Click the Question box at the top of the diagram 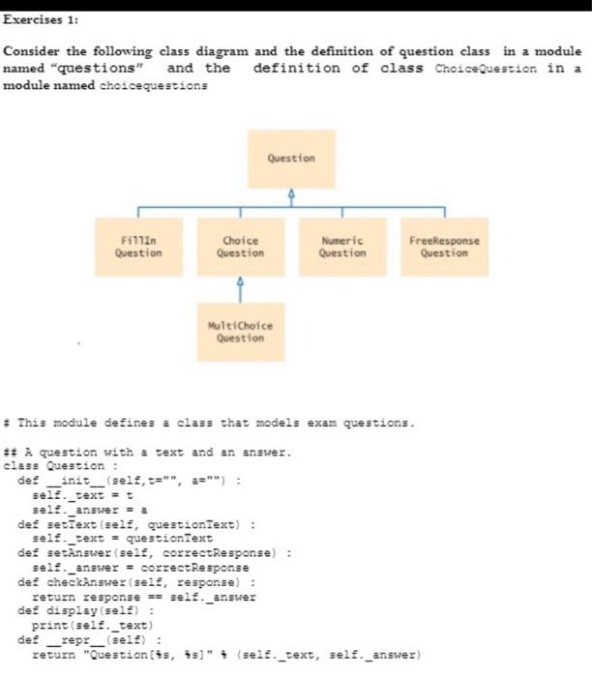(x=291, y=159)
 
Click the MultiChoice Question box (x=240, y=332)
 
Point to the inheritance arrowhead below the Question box (x=291, y=193)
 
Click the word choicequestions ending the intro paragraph (x=165, y=85)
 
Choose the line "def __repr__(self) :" (x=93, y=639)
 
